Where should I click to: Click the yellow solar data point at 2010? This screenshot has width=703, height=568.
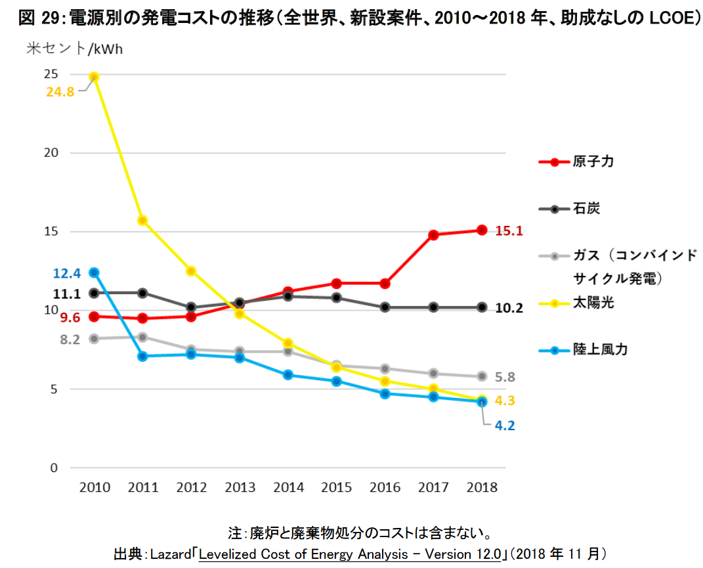pyautogui.click(x=94, y=77)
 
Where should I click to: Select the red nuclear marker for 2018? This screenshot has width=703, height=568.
pyautogui.click(x=482, y=230)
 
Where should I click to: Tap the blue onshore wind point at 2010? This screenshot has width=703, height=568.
pyautogui.click(x=94, y=273)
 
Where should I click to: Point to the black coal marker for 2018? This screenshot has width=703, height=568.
pyautogui.click(x=482, y=307)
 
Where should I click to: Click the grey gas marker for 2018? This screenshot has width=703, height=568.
pyautogui.click(x=482, y=376)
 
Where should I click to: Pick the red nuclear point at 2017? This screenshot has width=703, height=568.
pyautogui.click(x=433, y=234)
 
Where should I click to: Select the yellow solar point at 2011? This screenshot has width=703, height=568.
pyautogui.click(x=142, y=221)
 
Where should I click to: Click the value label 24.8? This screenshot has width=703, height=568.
pyautogui.click(x=60, y=92)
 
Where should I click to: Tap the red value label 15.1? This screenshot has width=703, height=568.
pyautogui.click(x=509, y=231)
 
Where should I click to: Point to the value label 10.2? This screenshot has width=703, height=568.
pyautogui.click(x=509, y=308)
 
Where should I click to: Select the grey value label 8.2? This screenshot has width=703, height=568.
pyautogui.click(x=70, y=339)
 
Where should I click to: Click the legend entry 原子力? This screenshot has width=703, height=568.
pyautogui.click(x=593, y=162)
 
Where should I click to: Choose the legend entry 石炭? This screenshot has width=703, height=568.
pyautogui.click(x=586, y=209)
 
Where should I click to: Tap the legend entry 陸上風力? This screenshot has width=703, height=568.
pyautogui.click(x=600, y=349)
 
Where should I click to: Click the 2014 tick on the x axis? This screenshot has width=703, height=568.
pyautogui.click(x=288, y=487)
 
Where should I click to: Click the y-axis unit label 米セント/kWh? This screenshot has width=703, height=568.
pyautogui.click(x=74, y=49)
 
